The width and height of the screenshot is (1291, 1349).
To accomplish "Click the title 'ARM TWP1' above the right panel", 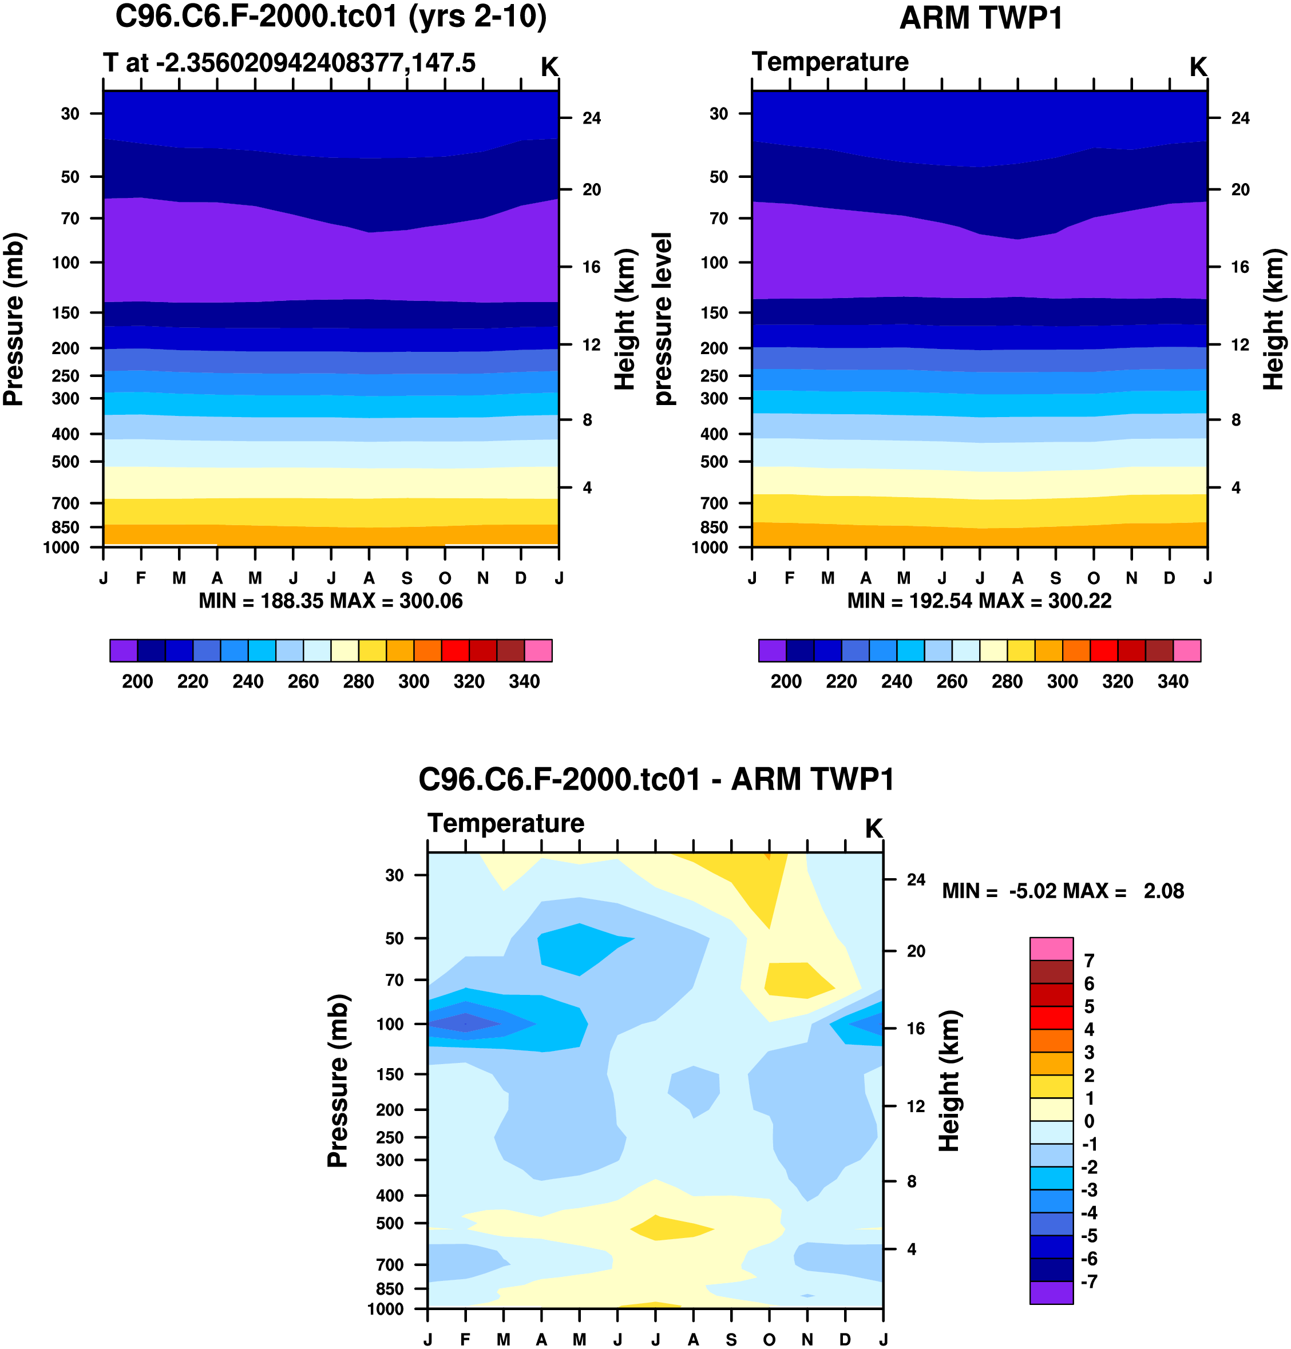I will (x=981, y=18).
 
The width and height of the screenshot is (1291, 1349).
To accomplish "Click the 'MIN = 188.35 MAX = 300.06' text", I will (x=330, y=601).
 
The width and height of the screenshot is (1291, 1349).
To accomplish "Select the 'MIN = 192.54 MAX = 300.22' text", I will (x=979, y=601).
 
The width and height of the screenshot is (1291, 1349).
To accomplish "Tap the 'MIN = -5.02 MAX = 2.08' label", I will (x=1063, y=891).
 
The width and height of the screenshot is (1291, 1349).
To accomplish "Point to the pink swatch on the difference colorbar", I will (x=1051, y=949).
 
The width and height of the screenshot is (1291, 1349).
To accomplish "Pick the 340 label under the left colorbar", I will (x=524, y=682).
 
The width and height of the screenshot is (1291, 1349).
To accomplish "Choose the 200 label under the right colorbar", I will (x=786, y=682).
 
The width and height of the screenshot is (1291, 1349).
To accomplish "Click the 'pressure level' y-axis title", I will (x=662, y=319).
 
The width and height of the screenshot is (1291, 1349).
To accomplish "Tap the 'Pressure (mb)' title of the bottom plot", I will (x=338, y=1081).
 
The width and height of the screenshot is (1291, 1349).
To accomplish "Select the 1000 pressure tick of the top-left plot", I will (x=61, y=547).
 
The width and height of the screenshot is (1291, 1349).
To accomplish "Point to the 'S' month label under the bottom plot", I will (x=731, y=1339).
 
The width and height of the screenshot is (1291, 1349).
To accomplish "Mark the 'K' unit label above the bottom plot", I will (x=873, y=829).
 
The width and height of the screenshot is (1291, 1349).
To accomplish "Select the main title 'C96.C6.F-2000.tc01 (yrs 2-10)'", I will (x=331, y=17).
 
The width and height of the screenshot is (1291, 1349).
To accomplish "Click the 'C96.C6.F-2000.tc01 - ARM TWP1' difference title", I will (x=656, y=779).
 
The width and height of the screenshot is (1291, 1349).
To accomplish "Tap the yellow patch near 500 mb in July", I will (x=671, y=1228).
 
